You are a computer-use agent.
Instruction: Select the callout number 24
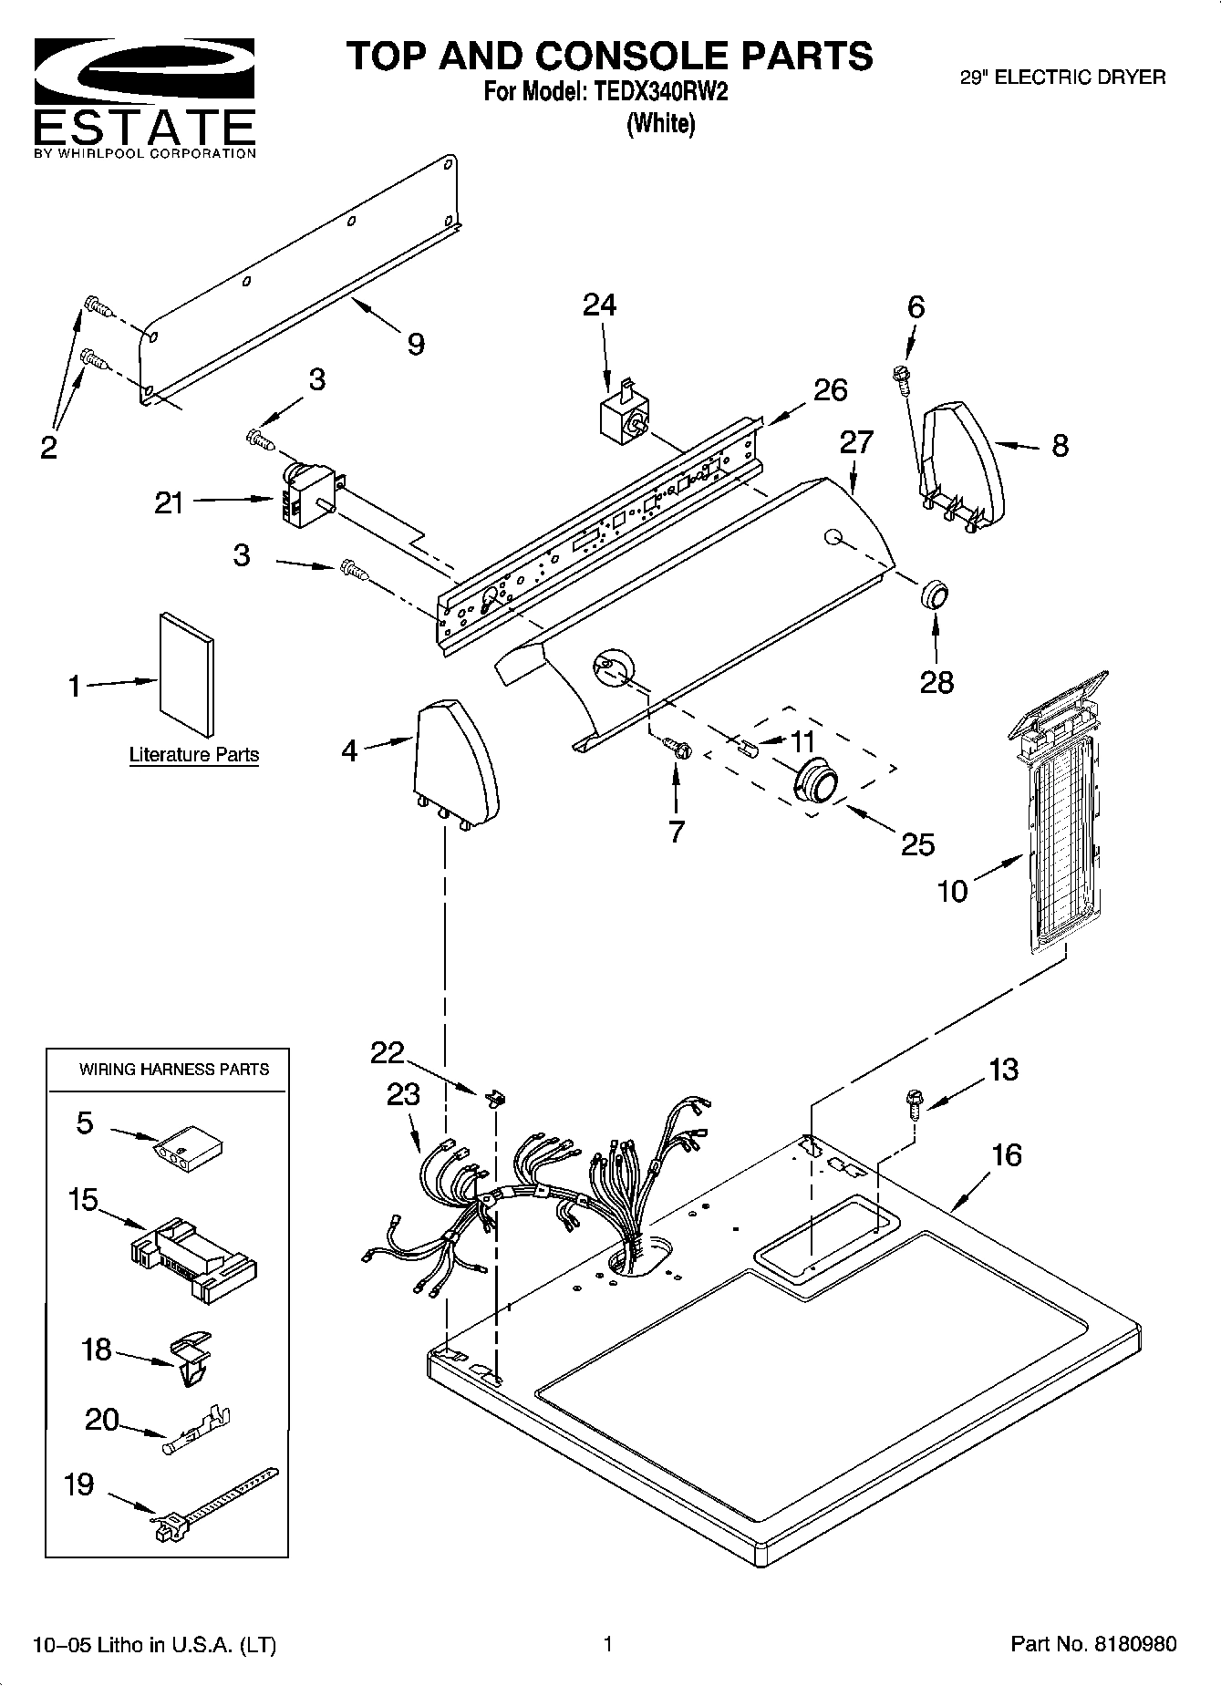[x=599, y=305]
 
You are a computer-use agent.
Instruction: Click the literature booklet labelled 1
[x=188, y=672]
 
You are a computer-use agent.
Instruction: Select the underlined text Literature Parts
[x=193, y=755]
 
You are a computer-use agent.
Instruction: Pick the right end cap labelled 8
[x=963, y=465]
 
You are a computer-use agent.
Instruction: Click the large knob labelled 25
[x=817, y=781]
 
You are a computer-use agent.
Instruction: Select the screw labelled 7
[x=677, y=749]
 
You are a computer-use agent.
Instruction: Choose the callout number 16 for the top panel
[x=1006, y=1155]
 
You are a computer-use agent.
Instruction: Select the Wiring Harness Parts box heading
[x=173, y=1070]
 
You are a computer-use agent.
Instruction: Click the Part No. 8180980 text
[x=1093, y=1644]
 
